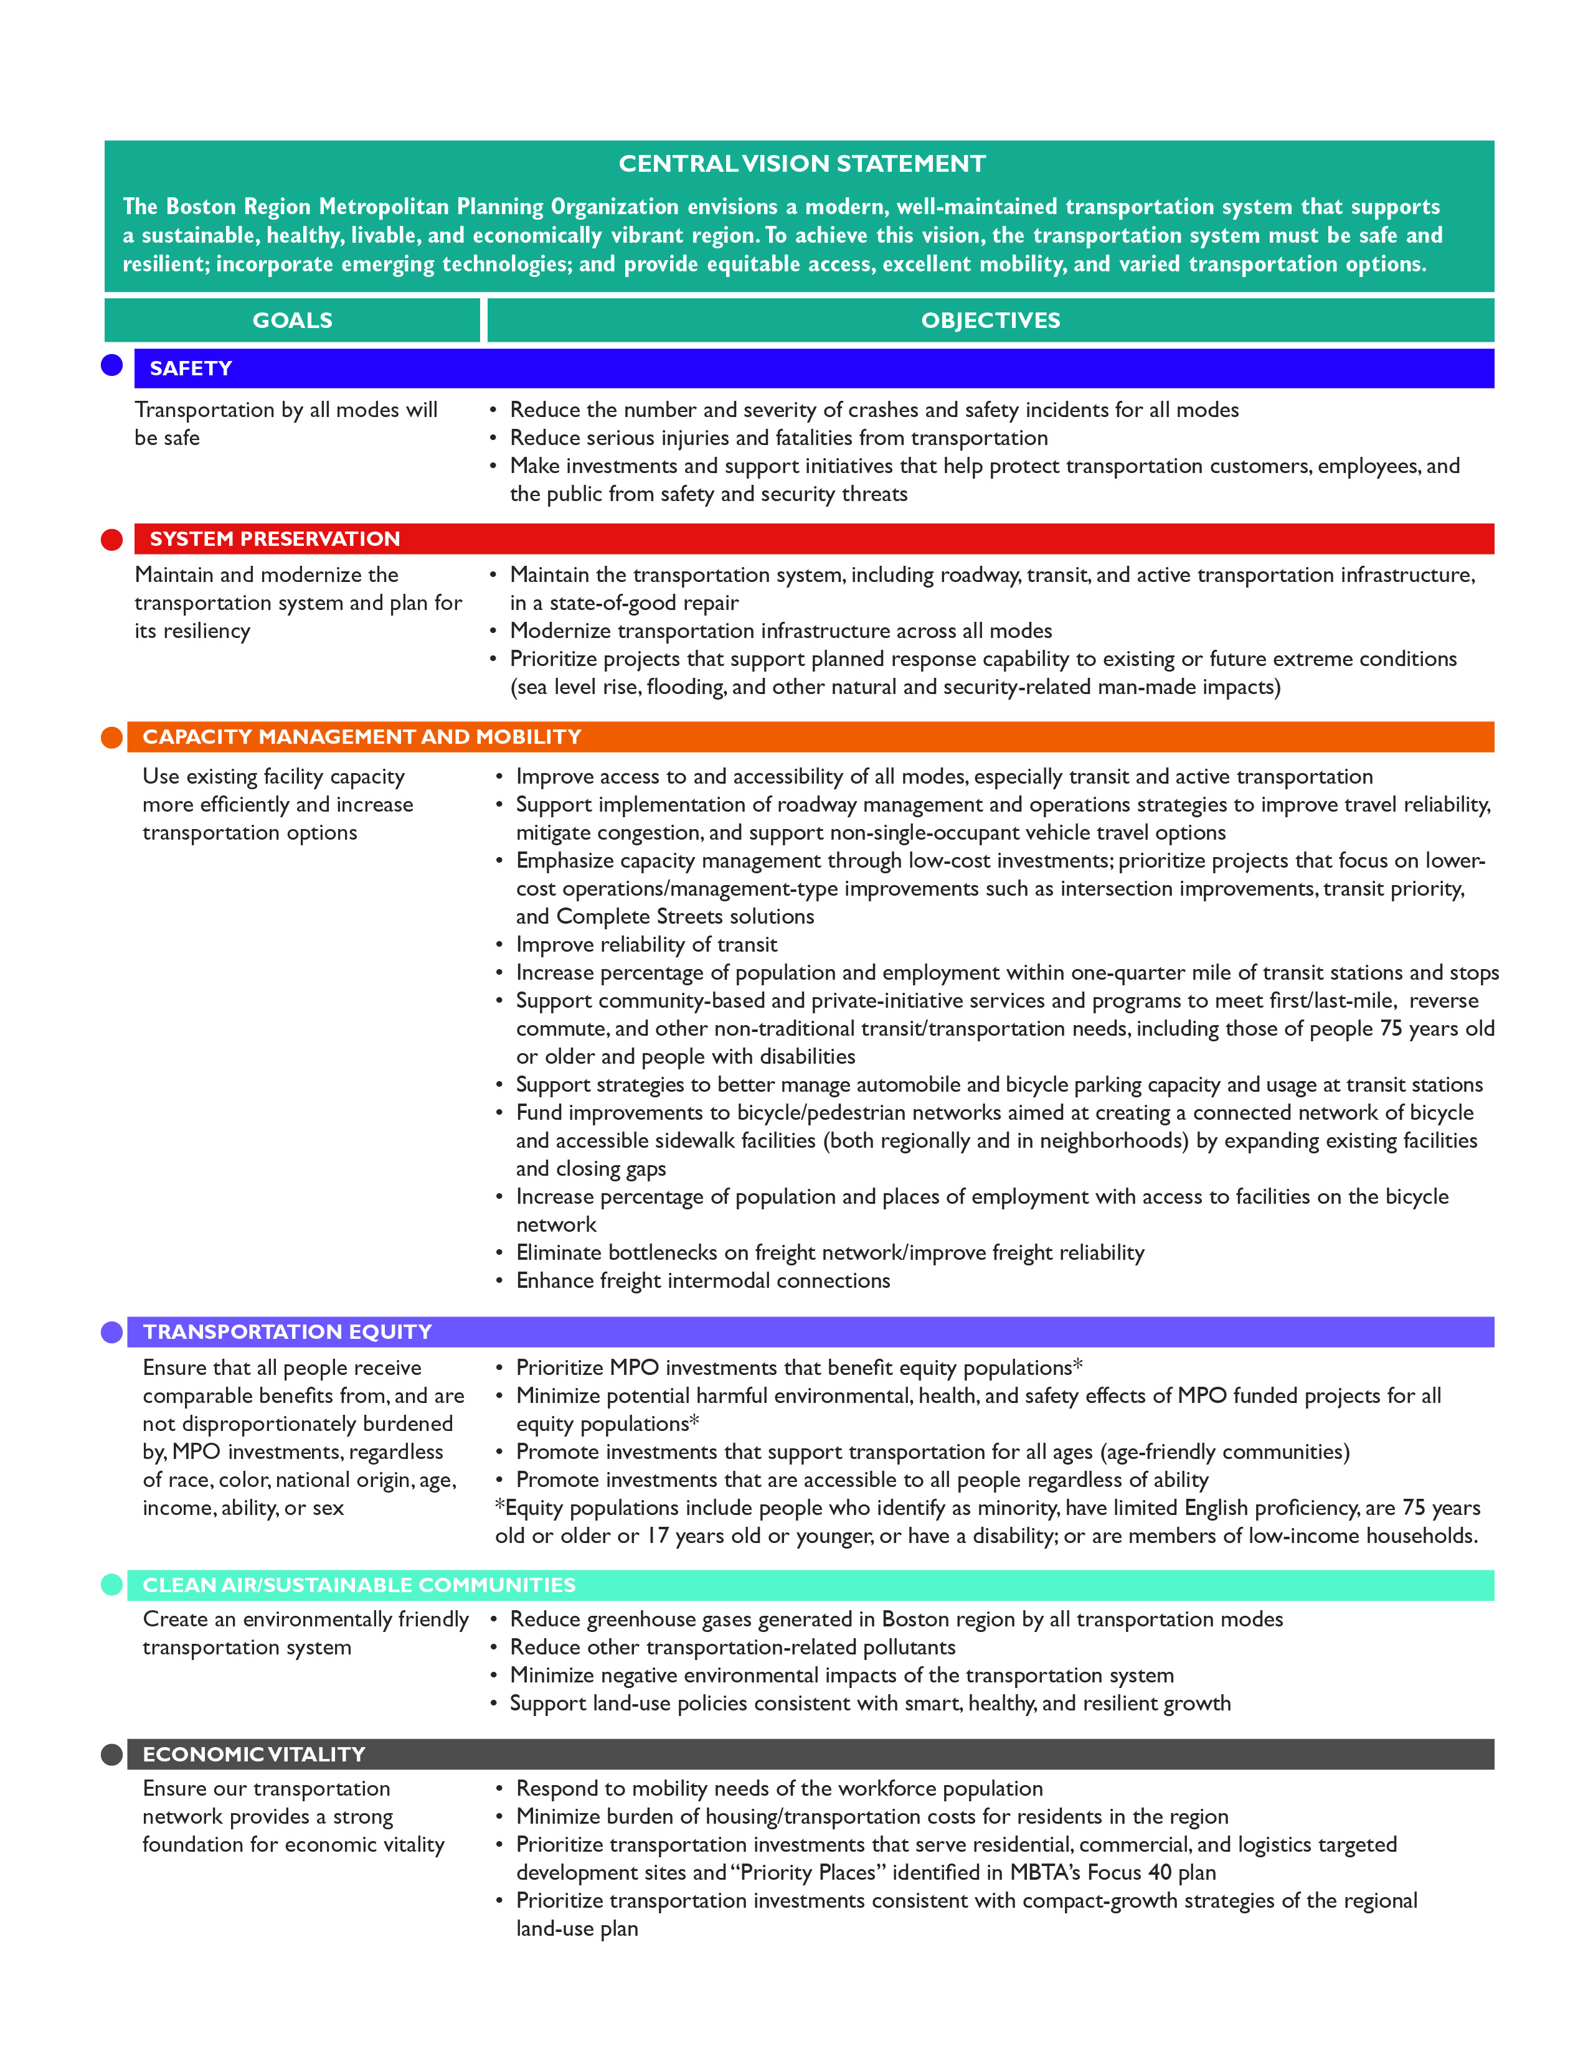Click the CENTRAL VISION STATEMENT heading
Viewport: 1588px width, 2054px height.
[x=801, y=164]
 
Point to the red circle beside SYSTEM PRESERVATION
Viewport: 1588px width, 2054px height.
[x=112, y=540]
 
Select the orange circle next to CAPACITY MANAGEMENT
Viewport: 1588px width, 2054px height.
[x=112, y=738]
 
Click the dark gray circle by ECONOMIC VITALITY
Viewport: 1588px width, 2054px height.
[x=112, y=1754]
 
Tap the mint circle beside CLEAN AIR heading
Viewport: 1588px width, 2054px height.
[x=112, y=1585]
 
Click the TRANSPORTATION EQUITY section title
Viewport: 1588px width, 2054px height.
[x=287, y=1332]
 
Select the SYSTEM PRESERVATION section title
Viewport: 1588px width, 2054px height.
[x=275, y=539]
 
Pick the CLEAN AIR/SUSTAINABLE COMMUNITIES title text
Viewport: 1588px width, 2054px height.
[x=359, y=1586]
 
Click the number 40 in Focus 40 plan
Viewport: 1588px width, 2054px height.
[x=1160, y=1872]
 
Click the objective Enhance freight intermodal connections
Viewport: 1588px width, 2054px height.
[x=702, y=1281]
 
